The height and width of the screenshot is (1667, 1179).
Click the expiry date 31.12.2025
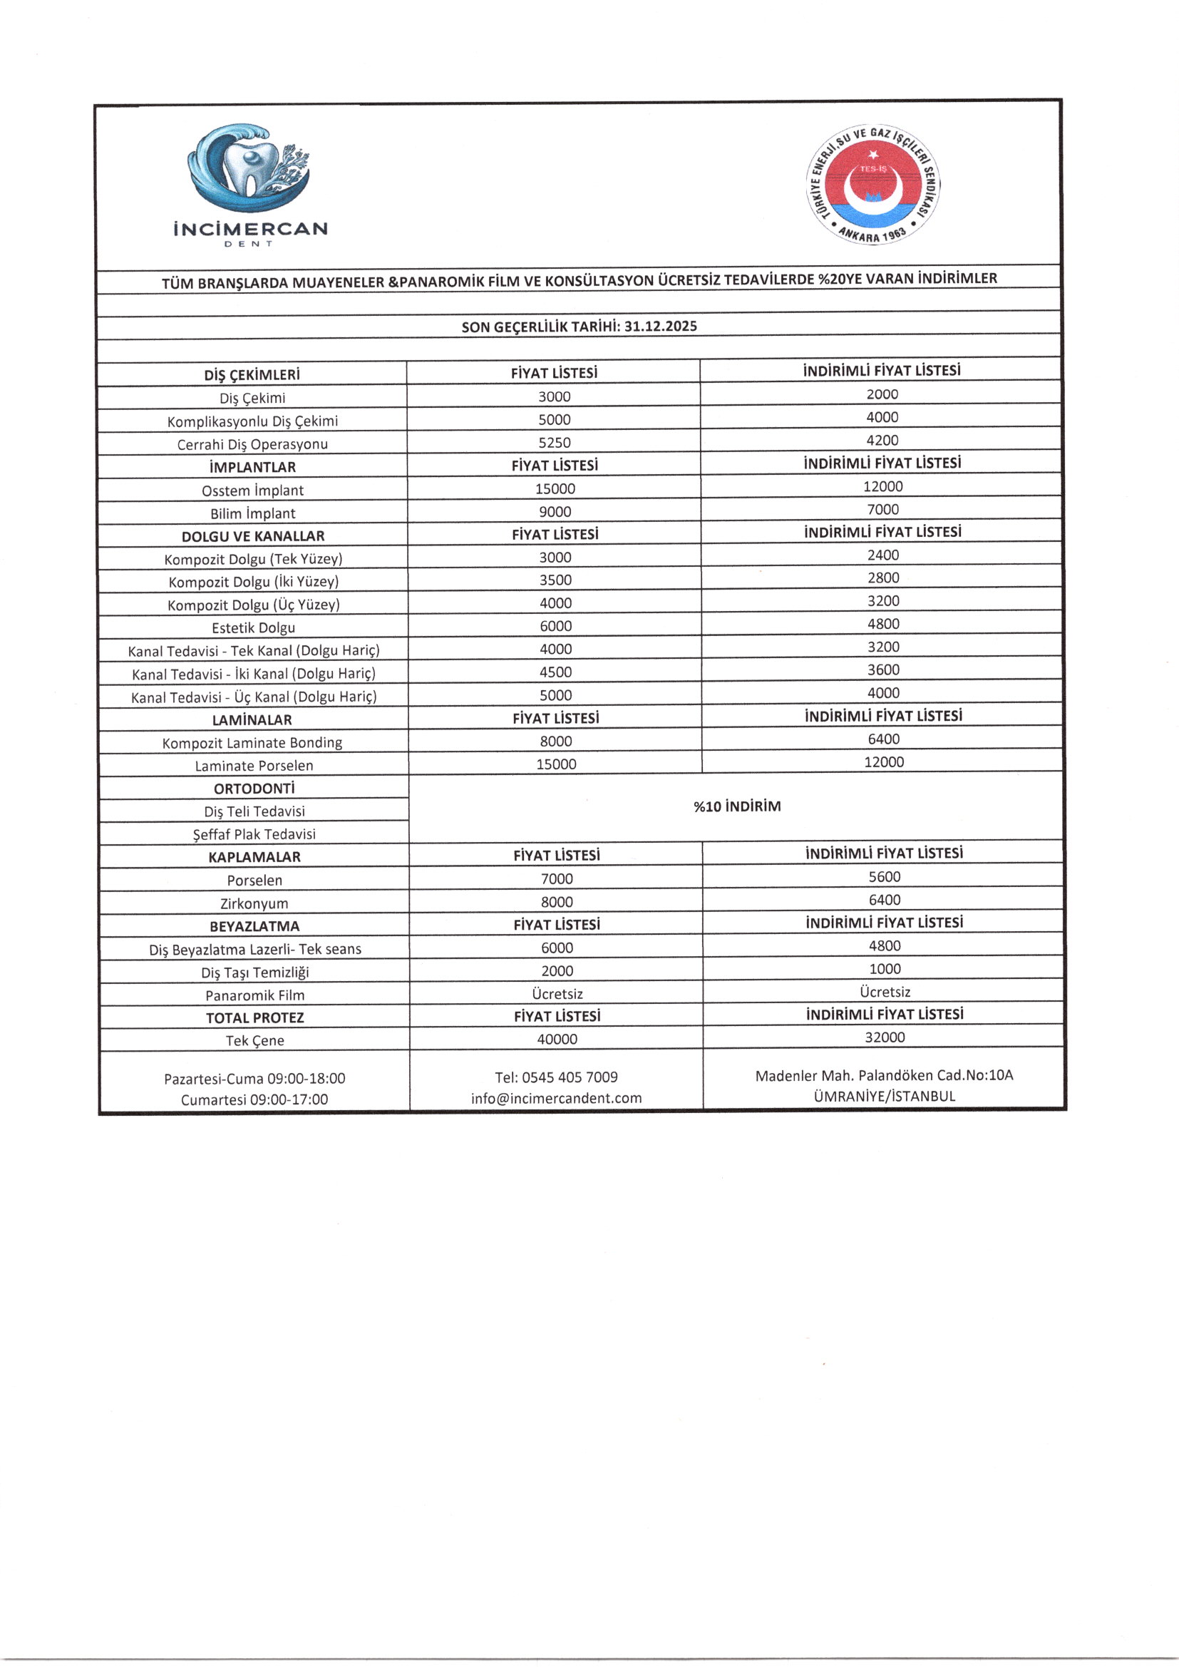pos(660,326)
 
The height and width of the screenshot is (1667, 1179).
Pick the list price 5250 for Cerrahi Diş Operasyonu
pos(555,443)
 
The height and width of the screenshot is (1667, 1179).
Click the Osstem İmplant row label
pos(252,490)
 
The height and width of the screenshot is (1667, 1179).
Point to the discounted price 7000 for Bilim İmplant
pos(882,510)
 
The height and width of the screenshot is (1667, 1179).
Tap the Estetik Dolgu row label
pos(253,627)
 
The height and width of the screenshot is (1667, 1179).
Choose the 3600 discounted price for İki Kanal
pos(883,670)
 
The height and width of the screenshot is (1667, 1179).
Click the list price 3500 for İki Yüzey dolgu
pos(555,580)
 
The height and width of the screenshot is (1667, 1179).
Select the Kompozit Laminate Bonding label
pos(252,743)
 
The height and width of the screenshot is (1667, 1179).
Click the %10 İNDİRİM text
pos(737,806)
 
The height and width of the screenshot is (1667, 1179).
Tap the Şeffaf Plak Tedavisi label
pos(254,834)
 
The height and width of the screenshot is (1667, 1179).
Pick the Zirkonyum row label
pos(254,903)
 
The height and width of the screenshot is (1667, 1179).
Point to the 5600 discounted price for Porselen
pos(884,876)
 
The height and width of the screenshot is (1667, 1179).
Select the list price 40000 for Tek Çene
pos(557,1039)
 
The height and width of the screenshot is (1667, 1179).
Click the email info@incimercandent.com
pos(556,1098)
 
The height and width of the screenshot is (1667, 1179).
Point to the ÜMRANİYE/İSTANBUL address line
pos(884,1097)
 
